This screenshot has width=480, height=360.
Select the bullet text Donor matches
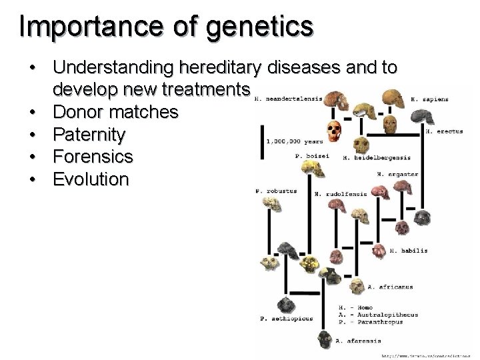tap(115, 112)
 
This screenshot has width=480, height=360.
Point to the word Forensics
tap(93, 157)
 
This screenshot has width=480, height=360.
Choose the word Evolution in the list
tap(91, 180)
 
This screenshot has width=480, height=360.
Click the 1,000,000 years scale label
tap(294, 141)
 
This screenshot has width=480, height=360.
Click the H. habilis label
tap(409, 251)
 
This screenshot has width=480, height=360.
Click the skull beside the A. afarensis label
tap(323, 339)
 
